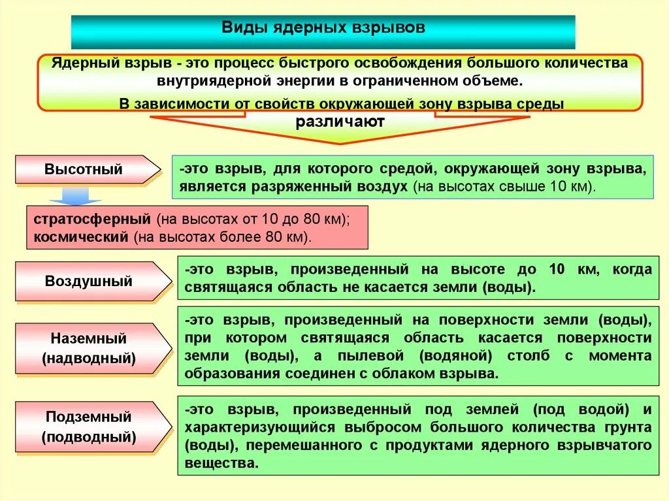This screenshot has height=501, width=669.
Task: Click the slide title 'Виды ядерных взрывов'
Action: point(323,29)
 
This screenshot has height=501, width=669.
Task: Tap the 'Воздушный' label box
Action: point(89,282)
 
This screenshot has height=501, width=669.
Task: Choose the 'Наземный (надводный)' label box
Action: point(89,348)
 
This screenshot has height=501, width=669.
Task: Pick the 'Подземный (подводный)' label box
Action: point(89,427)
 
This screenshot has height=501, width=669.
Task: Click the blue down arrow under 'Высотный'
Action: point(76,195)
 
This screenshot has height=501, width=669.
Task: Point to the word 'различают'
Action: point(340,121)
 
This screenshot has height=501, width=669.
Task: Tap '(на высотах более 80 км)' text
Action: point(222,236)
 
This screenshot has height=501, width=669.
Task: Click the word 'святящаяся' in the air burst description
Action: point(220,287)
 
